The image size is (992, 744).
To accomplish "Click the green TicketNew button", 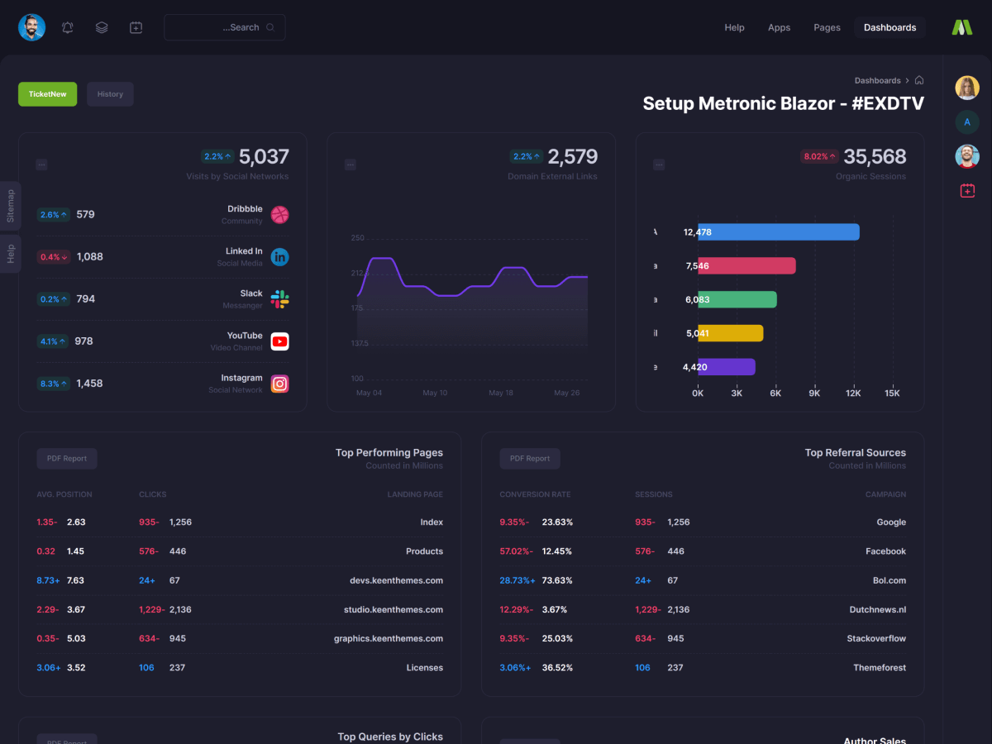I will [x=47, y=94].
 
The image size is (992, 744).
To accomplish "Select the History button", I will [x=110, y=94].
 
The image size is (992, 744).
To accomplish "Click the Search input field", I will [x=224, y=27].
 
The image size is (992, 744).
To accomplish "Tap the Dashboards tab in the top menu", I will [x=889, y=27].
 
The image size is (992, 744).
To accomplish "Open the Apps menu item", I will [x=779, y=27].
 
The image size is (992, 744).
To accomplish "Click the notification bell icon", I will [x=68, y=27].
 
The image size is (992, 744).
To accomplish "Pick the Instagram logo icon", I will [x=280, y=384].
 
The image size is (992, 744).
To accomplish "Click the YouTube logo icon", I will [x=280, y=341].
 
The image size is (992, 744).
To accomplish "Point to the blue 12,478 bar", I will [x=778, y=232].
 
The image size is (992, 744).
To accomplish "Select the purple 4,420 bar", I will [x=726, y=367].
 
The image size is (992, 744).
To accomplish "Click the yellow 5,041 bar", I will [x=730, y=333].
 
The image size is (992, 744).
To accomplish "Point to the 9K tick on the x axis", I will [x=814, y=393].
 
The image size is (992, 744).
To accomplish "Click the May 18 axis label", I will [x=501, y=393].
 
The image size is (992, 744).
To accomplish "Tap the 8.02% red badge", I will [x=819, y=156].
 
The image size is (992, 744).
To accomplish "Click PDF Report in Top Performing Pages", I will [x=67, y=459].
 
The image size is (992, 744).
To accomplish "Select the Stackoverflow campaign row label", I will [x=876, y=638].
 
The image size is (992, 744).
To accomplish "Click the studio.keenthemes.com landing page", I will [x=393, y=609].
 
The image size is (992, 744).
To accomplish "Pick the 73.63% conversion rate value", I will [x=557, y=580].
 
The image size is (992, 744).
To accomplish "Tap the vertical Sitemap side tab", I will [x=11, y=206].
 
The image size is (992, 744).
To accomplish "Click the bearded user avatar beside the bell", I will [x=32, y=27].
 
